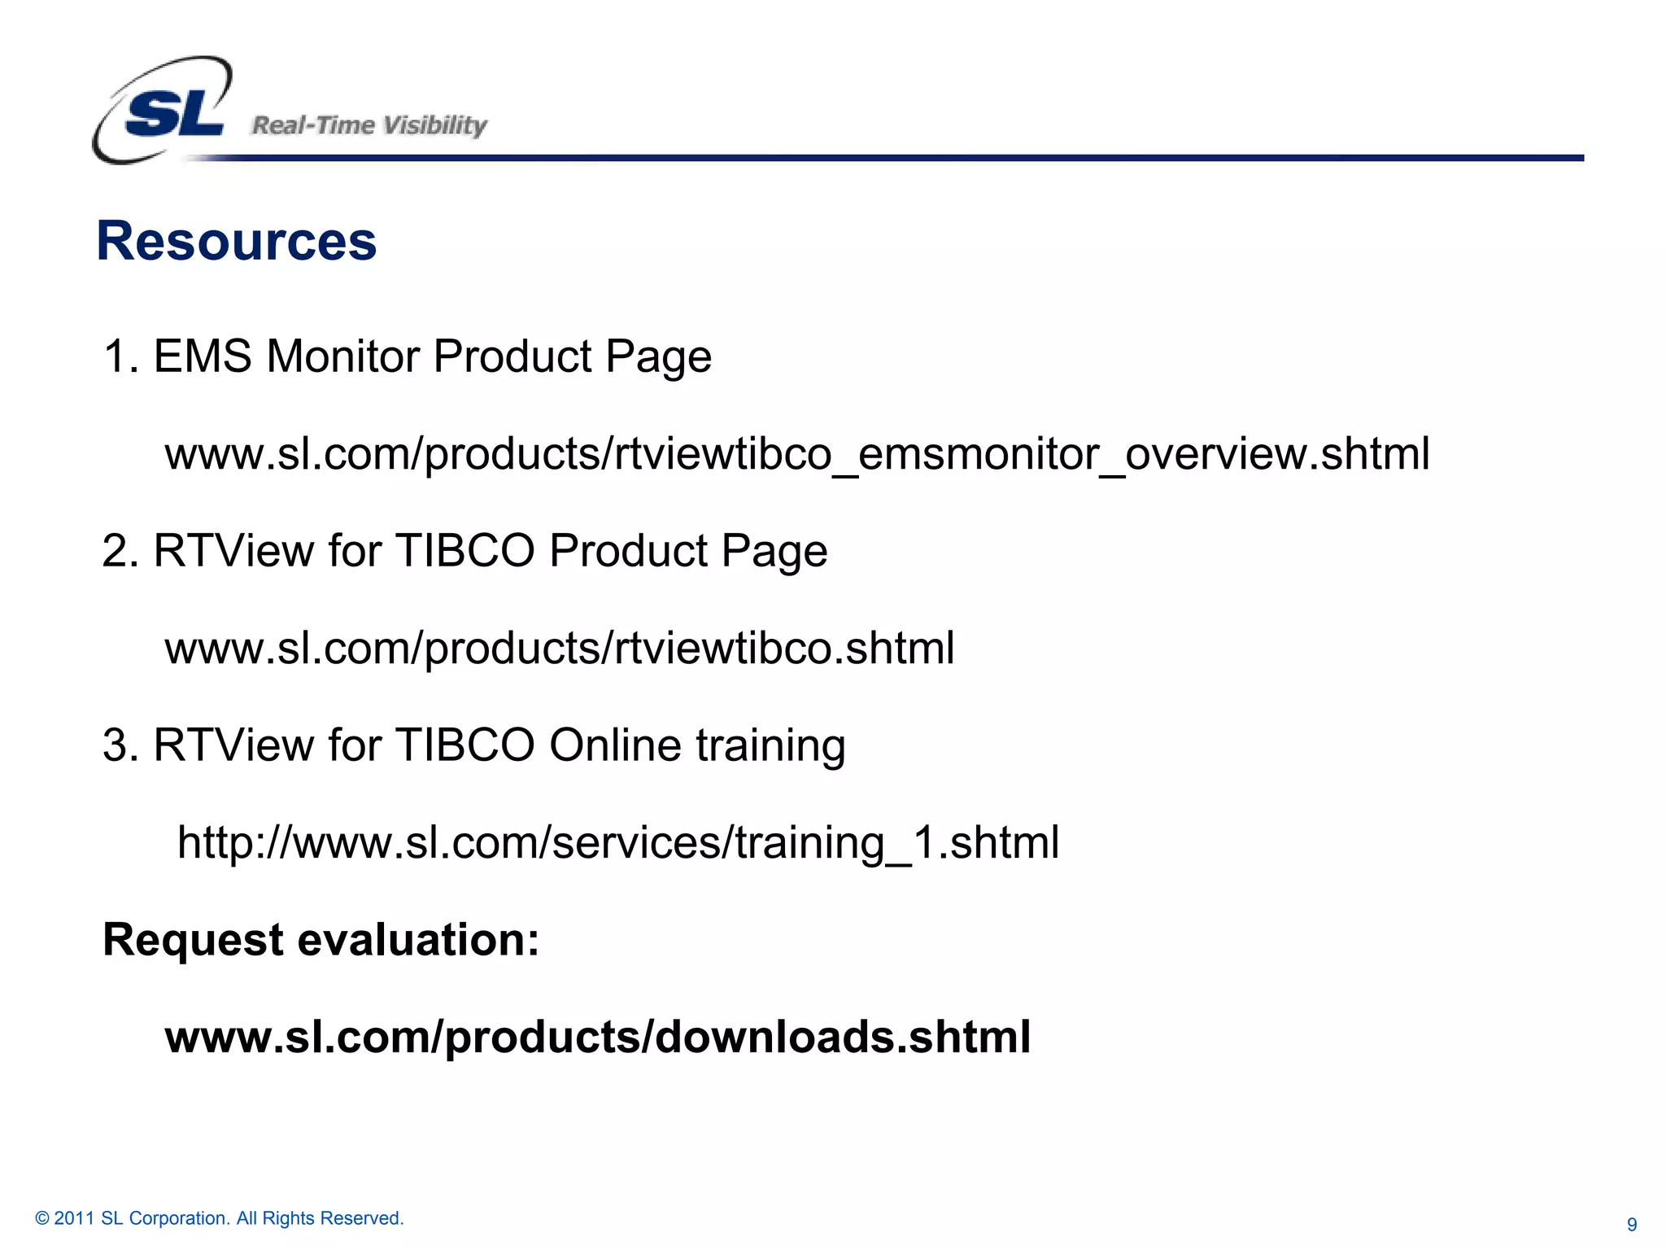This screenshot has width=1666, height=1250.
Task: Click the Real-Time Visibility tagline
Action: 369,125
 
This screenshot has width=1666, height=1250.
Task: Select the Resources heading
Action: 237,241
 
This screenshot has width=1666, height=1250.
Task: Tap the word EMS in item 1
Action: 203,356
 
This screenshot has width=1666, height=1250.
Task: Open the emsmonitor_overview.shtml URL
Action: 797,454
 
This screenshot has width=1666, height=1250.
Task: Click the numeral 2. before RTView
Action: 120,551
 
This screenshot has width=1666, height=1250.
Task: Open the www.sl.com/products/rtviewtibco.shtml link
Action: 560,649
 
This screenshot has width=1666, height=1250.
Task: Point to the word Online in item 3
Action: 615,745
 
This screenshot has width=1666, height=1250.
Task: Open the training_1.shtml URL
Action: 618,842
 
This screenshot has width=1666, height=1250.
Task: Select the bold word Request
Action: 194,941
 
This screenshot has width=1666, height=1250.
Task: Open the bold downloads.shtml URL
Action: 598,1038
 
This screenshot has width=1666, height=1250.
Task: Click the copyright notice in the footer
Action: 220,1218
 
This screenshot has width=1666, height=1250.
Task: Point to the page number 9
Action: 1632,1225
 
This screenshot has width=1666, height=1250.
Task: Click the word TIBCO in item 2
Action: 464,551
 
